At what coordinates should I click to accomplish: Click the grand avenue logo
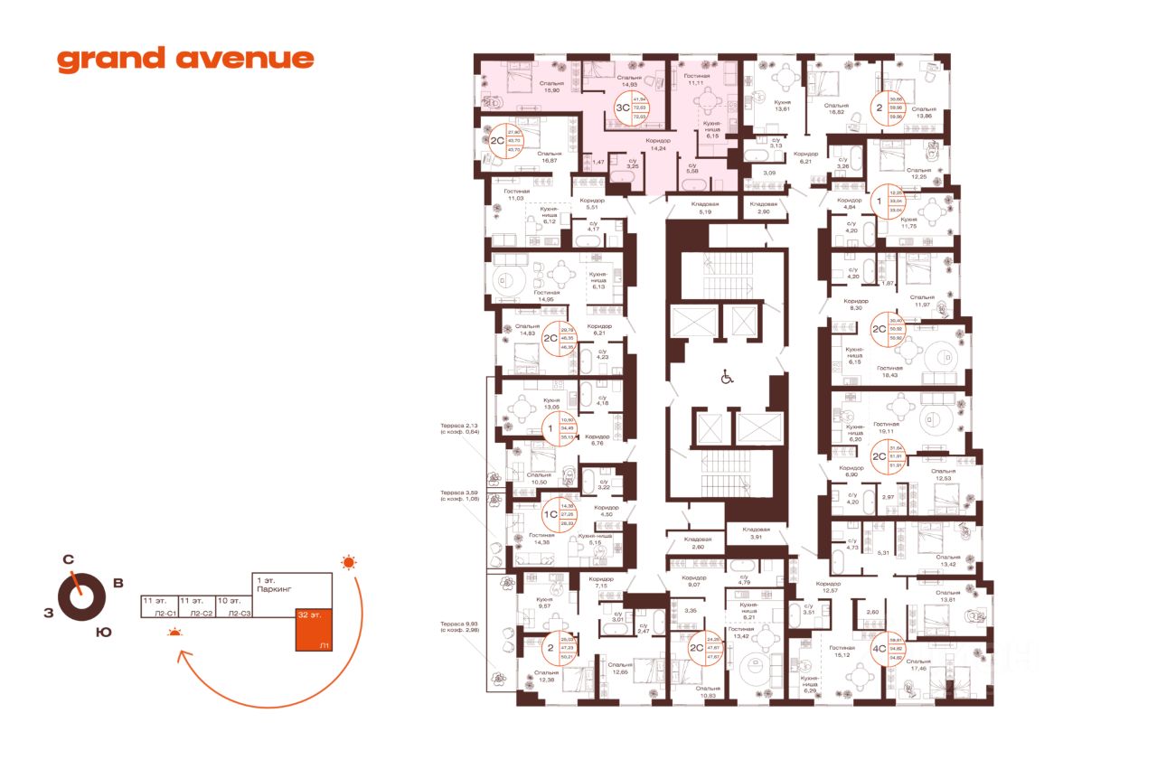coord(185,60)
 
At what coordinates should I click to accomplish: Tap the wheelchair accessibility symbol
coord(726,379)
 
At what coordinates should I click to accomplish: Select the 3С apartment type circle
coord(622,108)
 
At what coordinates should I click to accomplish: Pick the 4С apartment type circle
coord(877,648)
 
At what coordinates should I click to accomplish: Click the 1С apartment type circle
coord(550,515)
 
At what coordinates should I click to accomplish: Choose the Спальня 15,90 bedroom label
coord(525,87)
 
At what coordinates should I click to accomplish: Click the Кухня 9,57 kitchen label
coord(543,603)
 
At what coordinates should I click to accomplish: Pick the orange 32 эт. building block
coord(314,631)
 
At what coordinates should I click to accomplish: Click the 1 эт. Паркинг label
coord(270,583)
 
